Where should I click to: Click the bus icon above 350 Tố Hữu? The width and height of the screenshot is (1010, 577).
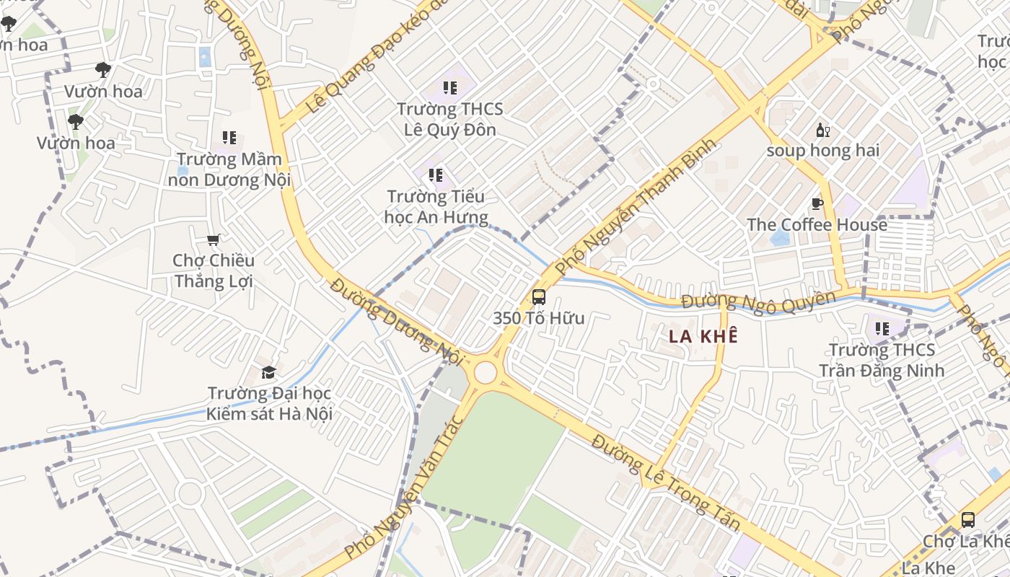[538, 296]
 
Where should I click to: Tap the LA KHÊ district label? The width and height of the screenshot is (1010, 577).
[703, 336]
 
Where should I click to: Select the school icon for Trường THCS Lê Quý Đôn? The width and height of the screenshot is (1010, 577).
[450, 88]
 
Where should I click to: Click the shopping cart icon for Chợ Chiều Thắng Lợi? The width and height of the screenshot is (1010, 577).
[213, 239]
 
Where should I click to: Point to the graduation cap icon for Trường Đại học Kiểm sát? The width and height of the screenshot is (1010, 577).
[268, 372]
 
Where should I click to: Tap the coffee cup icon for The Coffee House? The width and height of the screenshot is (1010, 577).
[817, 204]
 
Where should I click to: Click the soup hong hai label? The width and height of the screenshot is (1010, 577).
[822, 151]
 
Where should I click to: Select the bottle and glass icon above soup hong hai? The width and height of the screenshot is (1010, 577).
[822, 131]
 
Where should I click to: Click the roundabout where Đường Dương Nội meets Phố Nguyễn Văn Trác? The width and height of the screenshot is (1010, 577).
[486, 372]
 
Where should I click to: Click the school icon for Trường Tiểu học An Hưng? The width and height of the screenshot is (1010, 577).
[435, 175]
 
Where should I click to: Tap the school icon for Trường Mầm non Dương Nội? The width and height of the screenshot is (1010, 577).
[229, 138]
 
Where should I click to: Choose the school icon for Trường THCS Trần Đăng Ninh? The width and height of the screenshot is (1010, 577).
[882, 329]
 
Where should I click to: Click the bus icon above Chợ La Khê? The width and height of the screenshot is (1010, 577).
[967, 520]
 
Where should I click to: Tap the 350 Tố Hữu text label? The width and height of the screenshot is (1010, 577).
[538, 318]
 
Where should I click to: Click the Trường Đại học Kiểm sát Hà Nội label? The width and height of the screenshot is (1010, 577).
[269, 404]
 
